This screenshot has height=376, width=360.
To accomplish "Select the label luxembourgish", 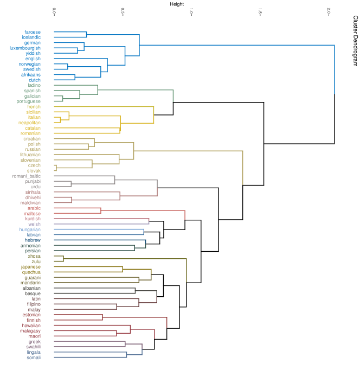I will (x=25, y=48).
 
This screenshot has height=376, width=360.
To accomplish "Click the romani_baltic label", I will (x=27, y=176).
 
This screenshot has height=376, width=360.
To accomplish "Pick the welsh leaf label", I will (x=34, y=224).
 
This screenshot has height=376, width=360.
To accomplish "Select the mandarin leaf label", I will (x=30, y=283).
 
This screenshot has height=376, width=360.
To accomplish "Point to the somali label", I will (x=33, y=358).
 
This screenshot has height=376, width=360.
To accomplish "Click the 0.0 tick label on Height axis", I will (x=54, y=11).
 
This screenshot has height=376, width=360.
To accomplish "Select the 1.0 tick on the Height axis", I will (x=191, y=11).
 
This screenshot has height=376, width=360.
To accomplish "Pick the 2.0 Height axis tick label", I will (x=329, y=11).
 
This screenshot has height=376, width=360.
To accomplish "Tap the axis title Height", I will (x=177, y=4).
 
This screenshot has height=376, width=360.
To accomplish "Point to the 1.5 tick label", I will (x=260, y=11).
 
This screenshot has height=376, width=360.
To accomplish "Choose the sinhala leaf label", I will (x=33, y=192).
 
